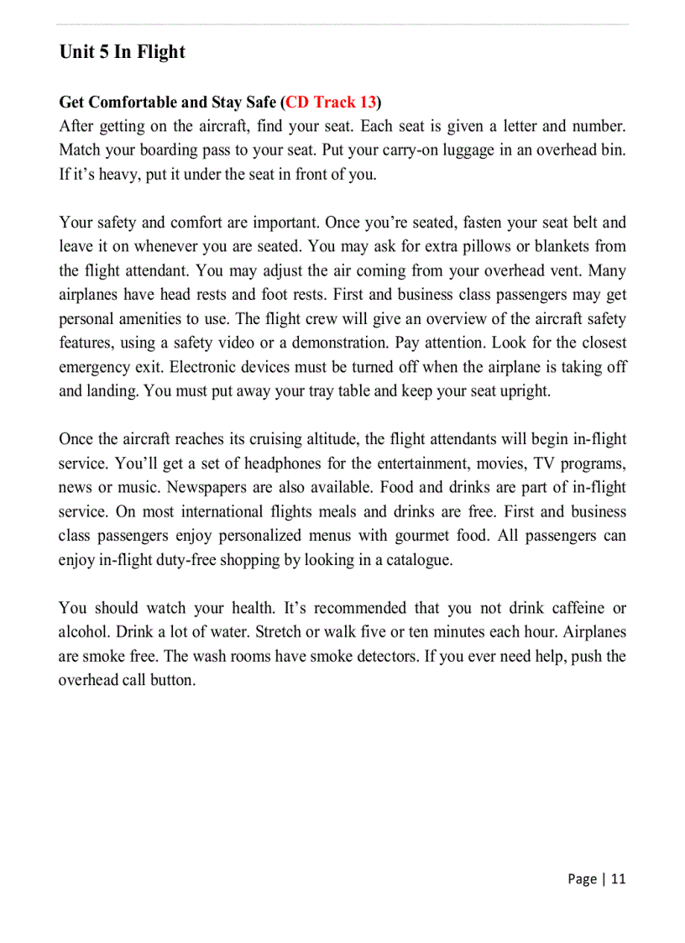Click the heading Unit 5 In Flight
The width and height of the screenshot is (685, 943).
coord(122,52)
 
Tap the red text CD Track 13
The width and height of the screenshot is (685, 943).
coord(331,102)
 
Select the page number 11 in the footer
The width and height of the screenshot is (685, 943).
coord(618,879)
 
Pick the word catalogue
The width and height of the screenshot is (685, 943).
coord(417,560)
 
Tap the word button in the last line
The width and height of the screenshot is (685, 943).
coord(172,680)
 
